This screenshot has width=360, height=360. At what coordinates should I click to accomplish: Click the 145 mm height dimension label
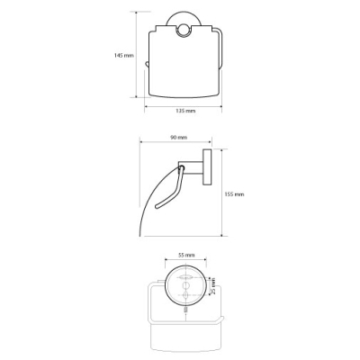(124, 55)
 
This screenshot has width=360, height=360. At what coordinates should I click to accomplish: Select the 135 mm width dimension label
(185, 111)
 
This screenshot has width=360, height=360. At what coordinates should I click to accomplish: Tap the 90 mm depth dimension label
(178, 138)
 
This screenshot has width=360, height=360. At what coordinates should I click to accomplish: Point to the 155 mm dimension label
(234, 194)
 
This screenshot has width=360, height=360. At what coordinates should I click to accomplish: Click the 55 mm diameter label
(186, 256)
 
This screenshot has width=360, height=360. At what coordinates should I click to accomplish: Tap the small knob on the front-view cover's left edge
(146, 64)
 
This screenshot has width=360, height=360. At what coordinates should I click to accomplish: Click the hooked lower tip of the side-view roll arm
(157, 206)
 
